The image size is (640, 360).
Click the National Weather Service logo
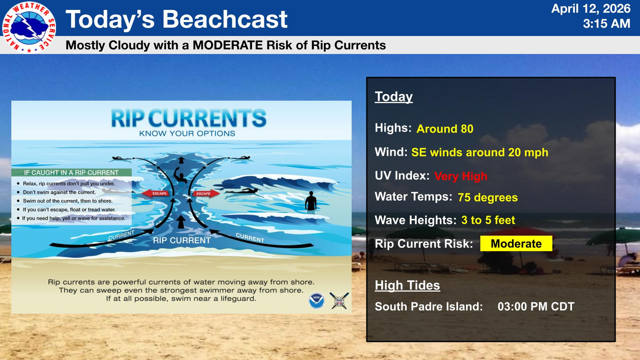29,27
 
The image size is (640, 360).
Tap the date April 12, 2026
590,9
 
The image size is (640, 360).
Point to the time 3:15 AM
606,24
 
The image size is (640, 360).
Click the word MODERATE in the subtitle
228,45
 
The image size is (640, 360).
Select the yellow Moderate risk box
516,244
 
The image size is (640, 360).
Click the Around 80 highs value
445,129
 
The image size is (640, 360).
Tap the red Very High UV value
460,176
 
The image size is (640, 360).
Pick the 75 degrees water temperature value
488,198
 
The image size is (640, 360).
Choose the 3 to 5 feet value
488,220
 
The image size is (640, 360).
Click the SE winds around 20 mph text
480,152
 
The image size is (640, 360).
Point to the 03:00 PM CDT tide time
536,306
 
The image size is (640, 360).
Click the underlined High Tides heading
407,285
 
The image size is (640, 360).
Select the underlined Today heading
394,96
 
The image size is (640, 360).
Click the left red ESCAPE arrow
156,194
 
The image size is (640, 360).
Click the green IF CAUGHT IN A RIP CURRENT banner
72,172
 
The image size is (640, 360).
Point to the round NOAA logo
316,300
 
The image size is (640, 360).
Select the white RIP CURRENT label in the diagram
182,240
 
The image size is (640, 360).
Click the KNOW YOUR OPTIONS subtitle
187,134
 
